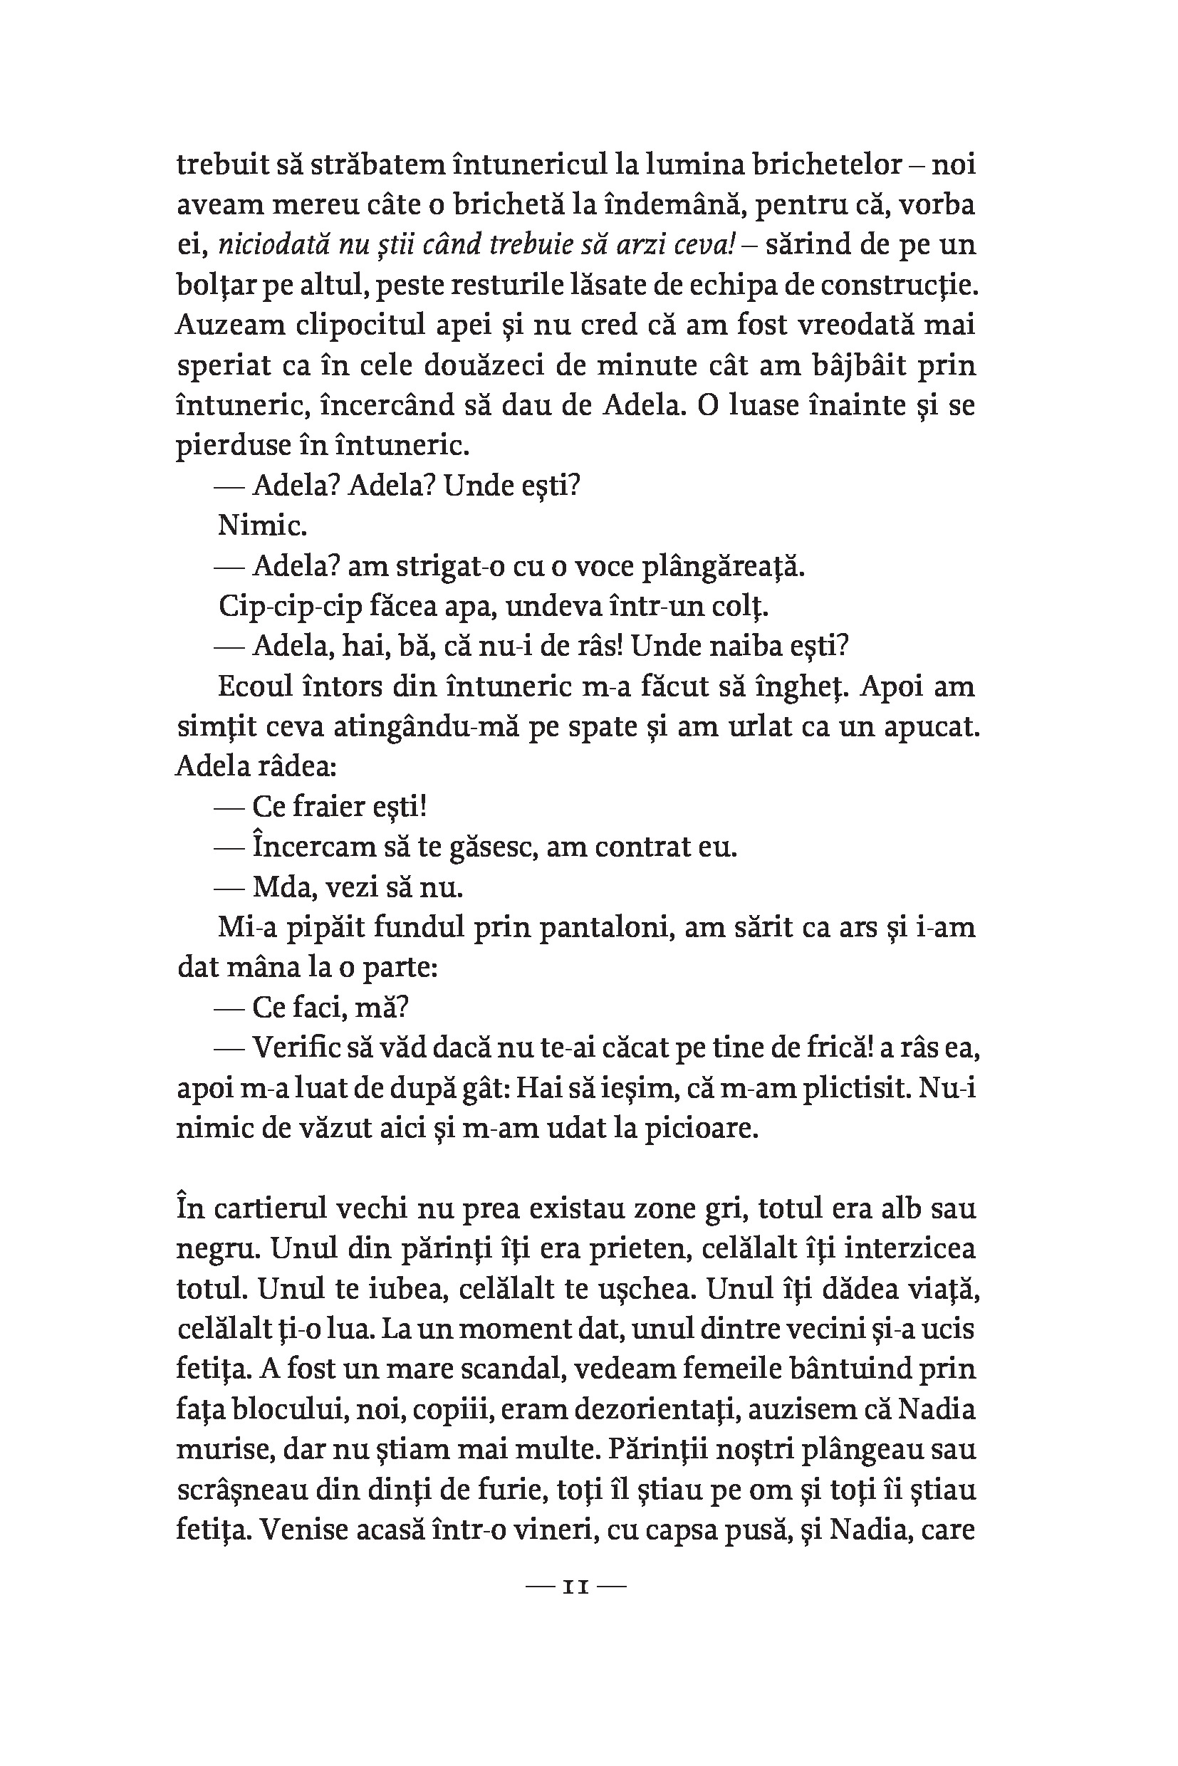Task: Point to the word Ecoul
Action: point(258,686)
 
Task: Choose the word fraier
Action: point(335,807)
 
